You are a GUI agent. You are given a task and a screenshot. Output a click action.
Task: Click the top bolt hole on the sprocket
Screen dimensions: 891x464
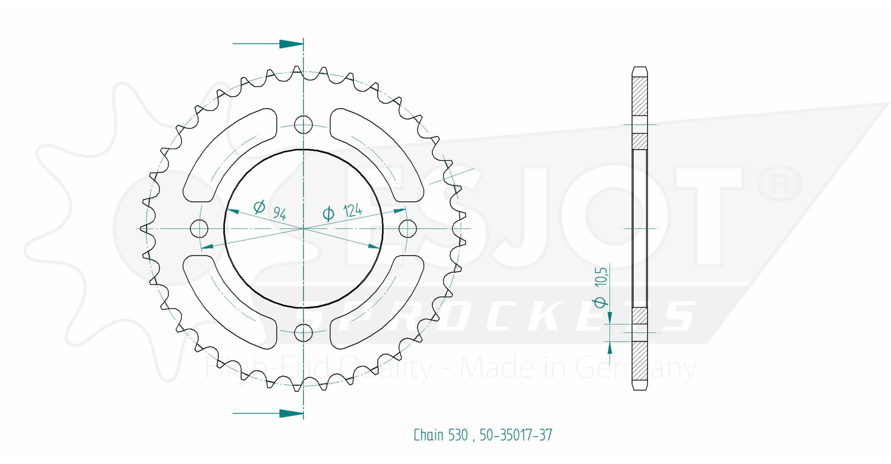point(303,124)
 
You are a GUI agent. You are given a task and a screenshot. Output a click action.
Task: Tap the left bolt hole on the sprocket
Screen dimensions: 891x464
point(199,229)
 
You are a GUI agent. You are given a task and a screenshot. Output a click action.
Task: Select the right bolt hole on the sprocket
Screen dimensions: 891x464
point(407,229)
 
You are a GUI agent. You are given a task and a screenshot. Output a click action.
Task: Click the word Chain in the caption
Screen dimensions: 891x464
point(429,435)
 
